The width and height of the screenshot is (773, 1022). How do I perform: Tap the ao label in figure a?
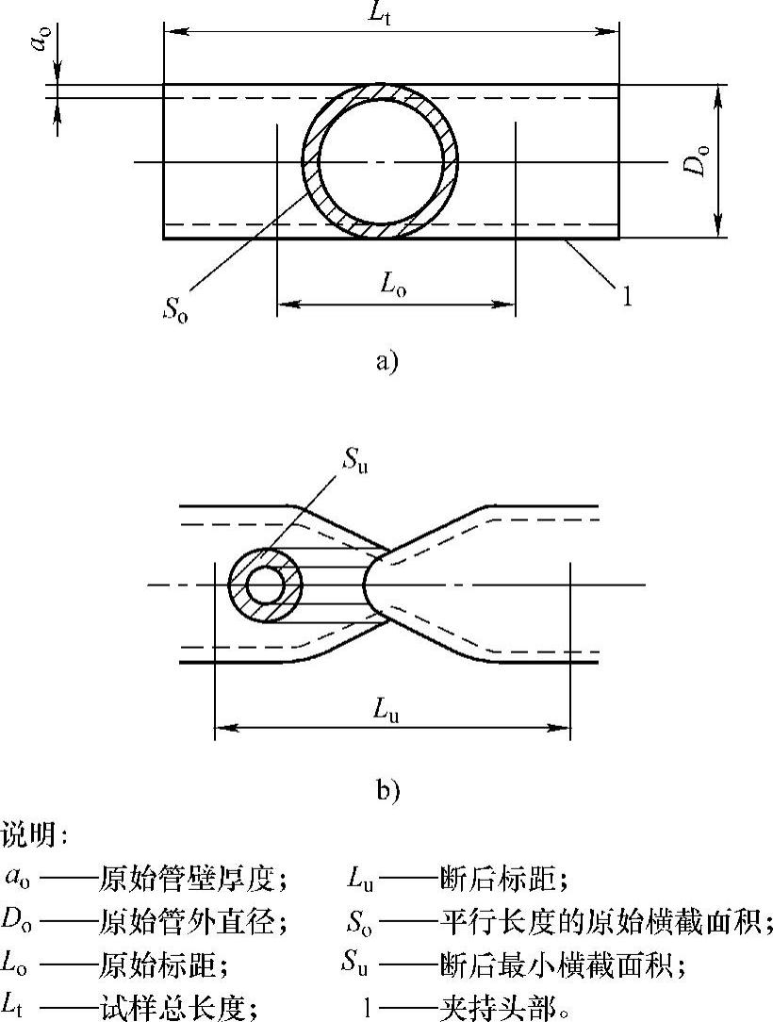[x=40, y=42]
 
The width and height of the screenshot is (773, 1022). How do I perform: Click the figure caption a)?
[x=386, y=361]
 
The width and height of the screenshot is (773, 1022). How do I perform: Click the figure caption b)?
[x=387, y=790]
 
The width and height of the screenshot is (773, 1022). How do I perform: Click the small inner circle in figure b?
[x=266, y=586]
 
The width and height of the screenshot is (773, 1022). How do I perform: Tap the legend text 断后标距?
[x=503, y=880]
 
